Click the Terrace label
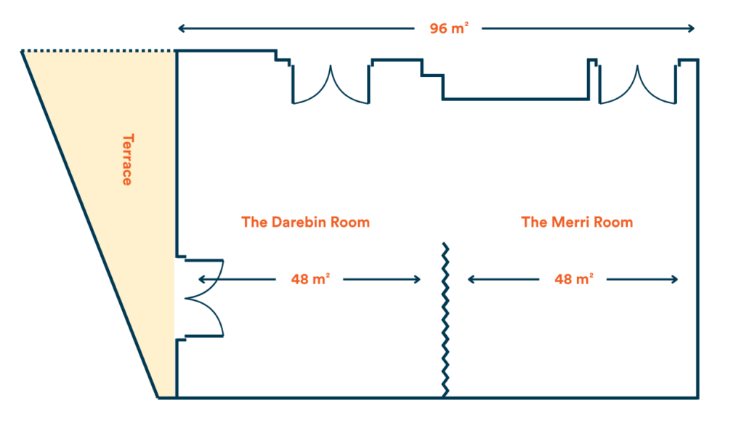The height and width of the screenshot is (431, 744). click(126, 159)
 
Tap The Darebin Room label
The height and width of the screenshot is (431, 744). click(305, 222)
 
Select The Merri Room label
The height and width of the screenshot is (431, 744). click(577, 222)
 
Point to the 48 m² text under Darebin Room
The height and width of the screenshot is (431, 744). click(310, 279)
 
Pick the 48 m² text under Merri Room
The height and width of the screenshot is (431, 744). click(573, 279)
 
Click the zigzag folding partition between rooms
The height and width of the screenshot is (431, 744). click(445, 320)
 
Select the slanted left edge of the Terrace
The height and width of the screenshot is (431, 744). click(91, 225)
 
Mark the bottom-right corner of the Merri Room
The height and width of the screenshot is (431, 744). click(697, 397)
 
